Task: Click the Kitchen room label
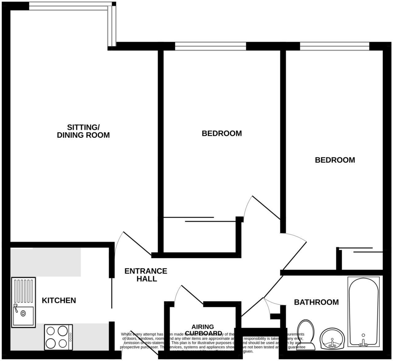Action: pyautogui.click(x=59, y=300)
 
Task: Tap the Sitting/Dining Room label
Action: pyautogui.click(x=83, y=131)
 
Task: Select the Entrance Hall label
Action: pyautogui.click(x=146, y=275)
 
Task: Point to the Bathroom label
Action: pyautogui.click(x=316, y=302)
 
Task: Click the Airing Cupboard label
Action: pyautogui.click(x=203, y=330)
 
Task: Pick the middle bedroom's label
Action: pyautogui.click(x=222, y=133)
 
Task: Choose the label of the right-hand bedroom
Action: pyautogui.click(x=335, y=160)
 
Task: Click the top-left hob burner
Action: pyautogui.click(x=51, y=331)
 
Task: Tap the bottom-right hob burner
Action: pyautogui.click(x=63, y=343)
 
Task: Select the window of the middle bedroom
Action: pyautogui.click(x=211, y=46)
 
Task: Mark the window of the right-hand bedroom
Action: pyautogui.click(x=334, y=46)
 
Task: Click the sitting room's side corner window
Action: pyautogui.click(x=112, y=26)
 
